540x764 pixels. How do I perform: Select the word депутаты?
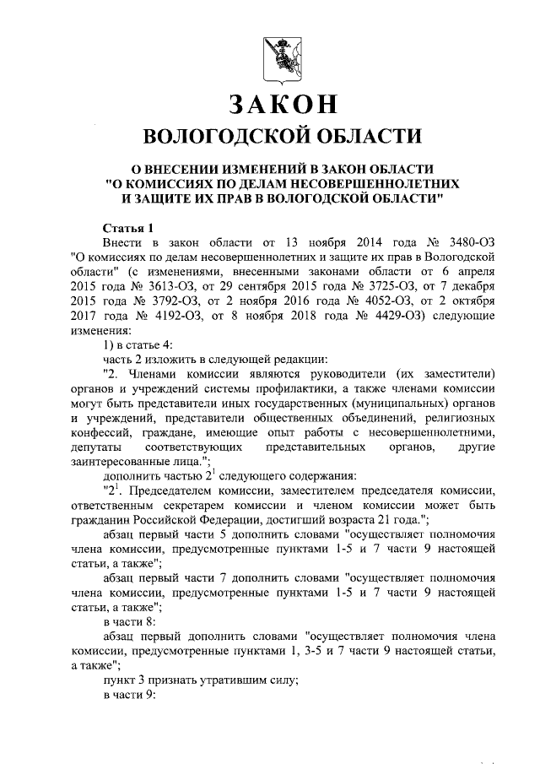98,447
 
